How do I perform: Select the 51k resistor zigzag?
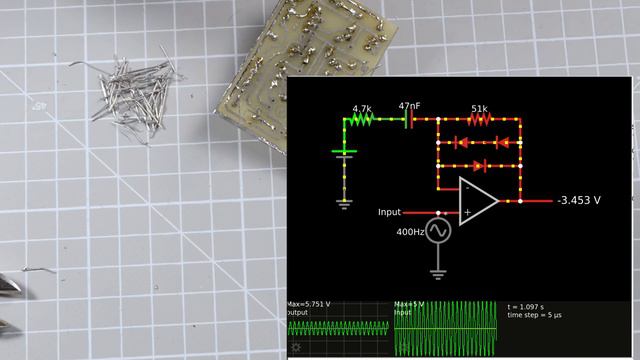479,120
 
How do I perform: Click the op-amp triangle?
477,200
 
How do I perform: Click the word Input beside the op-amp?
389,212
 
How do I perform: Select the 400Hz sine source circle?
438,231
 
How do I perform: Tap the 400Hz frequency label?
410,232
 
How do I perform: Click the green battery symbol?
344,153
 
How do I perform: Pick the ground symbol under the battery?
344,202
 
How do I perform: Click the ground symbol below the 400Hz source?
438,270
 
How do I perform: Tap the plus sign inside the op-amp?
467,212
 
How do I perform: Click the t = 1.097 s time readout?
530,306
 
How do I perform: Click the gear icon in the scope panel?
296,348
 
